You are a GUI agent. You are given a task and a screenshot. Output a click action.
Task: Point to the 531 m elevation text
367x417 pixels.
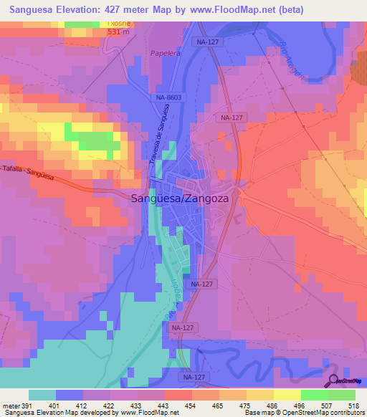click(118, 32)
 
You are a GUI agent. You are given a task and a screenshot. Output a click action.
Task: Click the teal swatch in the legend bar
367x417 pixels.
click(42, 395)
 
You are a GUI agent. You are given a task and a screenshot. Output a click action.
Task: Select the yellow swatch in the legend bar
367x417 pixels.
click(287, 395)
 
